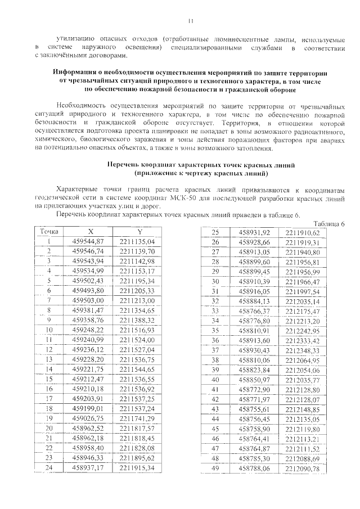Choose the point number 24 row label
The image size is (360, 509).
point(49,467)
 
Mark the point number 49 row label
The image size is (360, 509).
point(214,468)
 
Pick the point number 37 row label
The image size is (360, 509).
point(214,350)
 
